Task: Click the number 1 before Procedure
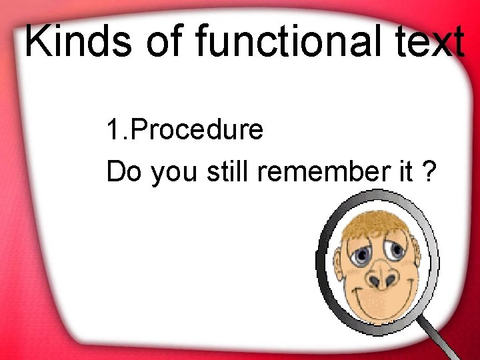(113, 130)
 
